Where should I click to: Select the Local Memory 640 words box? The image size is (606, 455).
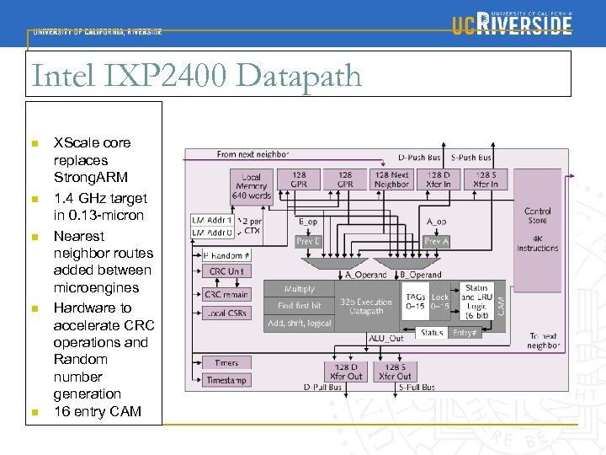click(252, 186)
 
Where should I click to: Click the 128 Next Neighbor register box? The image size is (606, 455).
click(391, 179)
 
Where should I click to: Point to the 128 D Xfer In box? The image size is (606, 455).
click(439, 179)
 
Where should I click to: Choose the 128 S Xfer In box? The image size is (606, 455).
click(486, 179)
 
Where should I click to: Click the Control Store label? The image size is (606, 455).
click(537, 216)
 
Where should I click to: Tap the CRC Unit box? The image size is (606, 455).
click(226, 271)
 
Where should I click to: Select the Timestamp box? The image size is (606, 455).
click(226, 381)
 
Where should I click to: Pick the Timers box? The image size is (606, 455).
click(226, 363)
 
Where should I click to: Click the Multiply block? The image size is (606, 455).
click(299, 289)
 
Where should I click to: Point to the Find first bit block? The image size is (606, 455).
click(299, 306)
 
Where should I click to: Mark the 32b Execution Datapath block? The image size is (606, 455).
click(366, 307)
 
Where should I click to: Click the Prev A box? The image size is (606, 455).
click(437, 241)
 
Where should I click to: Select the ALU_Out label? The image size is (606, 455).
click(385, 338)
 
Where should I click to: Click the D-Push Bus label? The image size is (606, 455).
click(419, 158)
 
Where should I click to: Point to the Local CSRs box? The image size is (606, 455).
click(226, 313)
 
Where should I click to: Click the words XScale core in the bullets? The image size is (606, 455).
click(92, 142)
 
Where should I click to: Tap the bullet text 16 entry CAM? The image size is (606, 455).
click(98, 411)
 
